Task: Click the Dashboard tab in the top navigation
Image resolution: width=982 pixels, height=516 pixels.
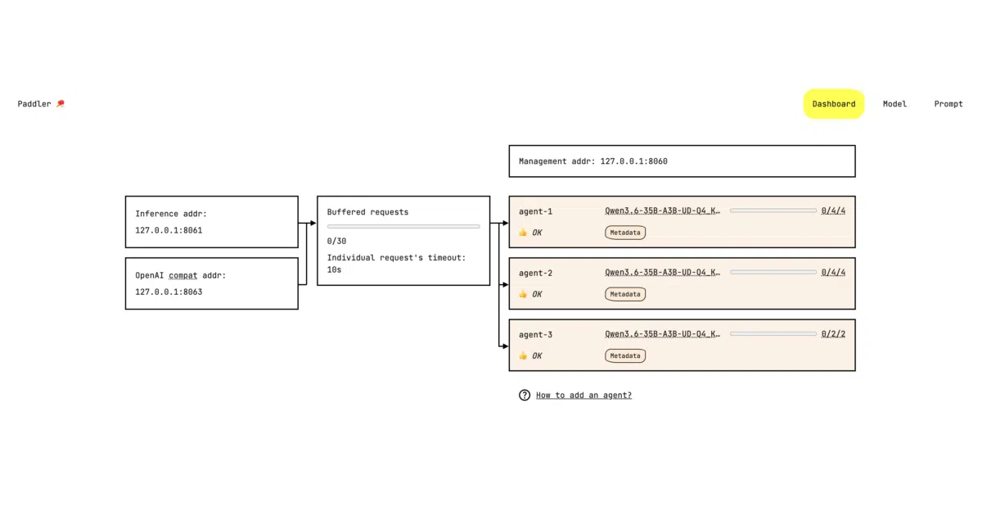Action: click(x=833, y=104)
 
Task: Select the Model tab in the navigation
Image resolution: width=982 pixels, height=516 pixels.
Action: click(x=894, y=104)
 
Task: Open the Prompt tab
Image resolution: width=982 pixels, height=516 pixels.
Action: click(x=948, y=104)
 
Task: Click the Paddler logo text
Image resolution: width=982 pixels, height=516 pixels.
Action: click(x=34, y=104)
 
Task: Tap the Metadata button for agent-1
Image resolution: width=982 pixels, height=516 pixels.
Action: click(x=625, y=233)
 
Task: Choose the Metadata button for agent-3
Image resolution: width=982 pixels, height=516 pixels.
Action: click(x=625, y=355)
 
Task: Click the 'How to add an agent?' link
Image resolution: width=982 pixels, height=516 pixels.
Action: click(x=583, y=396)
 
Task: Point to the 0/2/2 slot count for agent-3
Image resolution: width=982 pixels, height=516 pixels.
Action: click(x=833, y=334)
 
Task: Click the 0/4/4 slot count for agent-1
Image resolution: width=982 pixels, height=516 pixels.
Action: click(x=833, y=210)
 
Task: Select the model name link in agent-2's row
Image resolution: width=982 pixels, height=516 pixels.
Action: click(x=662, y=273)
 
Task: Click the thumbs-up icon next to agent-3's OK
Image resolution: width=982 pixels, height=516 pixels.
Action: click(x=523, y=355)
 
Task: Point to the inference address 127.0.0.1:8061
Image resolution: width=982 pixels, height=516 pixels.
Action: click(x=169, y=230)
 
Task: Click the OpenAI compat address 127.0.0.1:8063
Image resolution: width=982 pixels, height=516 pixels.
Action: click(x=169, y=292)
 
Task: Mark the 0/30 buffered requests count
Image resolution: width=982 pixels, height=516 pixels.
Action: click(x=336, y=242)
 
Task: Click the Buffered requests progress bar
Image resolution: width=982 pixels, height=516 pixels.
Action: click(x=403, y=226)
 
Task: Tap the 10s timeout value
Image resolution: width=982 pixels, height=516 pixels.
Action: click(x=334, y=269)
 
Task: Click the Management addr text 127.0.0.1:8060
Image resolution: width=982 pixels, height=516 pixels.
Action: click(x=634, y=161)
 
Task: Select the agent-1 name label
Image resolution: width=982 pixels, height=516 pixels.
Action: click(x=535, y=211)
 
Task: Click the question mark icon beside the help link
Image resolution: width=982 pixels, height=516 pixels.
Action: click(x=525, y=396)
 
